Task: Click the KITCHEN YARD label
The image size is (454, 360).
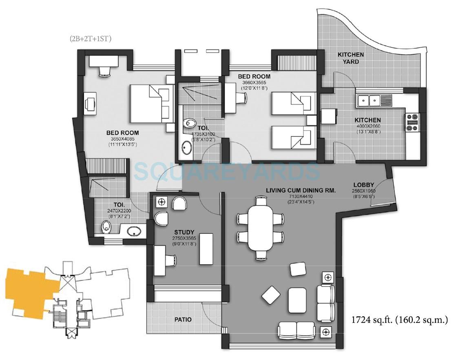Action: point(350,58)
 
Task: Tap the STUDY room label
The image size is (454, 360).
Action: point(183,232)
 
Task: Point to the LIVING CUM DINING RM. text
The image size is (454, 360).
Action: point(301,190)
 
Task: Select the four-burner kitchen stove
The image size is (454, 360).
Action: point(412,122)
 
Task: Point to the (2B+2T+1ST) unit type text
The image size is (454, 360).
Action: point(90,39)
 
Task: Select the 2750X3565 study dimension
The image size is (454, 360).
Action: point(183,238)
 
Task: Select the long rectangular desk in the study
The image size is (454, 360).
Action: point(205,249)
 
